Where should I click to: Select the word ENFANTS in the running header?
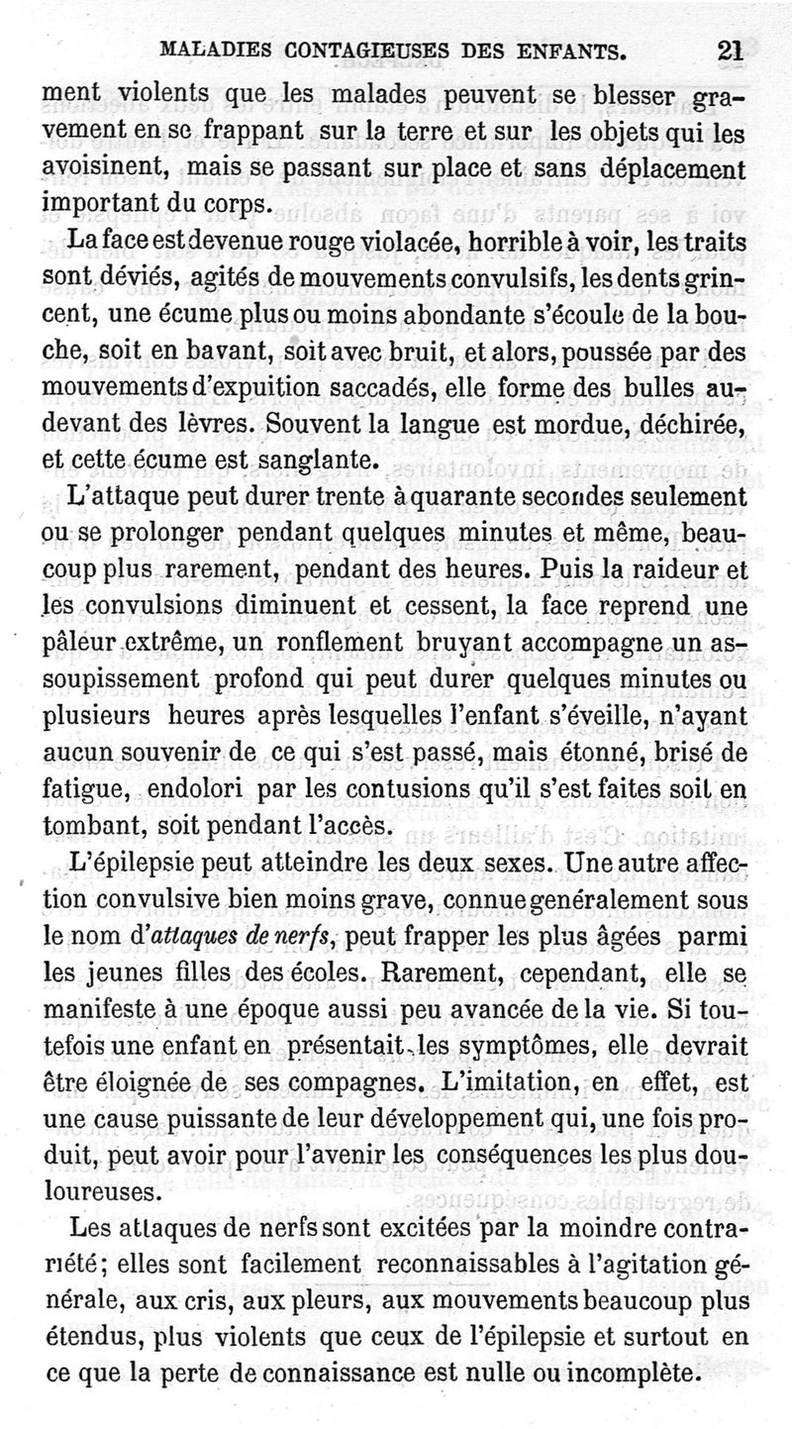(561, 50)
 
